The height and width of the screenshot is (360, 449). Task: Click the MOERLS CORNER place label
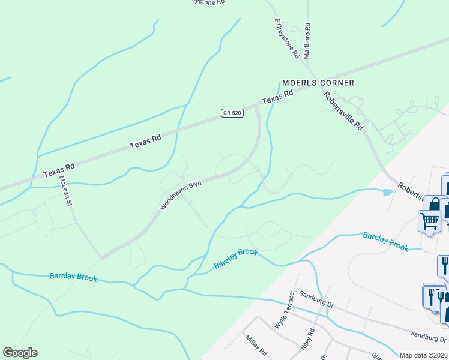(x=318, y=83)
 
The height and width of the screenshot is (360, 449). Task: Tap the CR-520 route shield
(x=232, y=113)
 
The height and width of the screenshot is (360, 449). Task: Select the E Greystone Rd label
(x=287, y=37)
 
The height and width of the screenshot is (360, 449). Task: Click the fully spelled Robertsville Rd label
(x=343, y=111)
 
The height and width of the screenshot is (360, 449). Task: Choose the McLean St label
(x=66, y=191)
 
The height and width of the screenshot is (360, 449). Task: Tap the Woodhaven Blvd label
(x=180, y=196)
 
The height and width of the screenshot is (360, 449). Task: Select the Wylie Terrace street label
(x=283, y=310)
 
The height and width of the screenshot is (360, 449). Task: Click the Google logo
(x=20, y=353)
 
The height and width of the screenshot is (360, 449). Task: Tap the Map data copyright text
(x=424, y=355)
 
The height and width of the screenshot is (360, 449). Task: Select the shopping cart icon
(x=429, y=220)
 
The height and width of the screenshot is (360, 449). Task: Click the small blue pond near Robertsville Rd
(x=387, y=193)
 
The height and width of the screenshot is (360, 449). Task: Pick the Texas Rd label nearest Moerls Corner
(x=277, y=96)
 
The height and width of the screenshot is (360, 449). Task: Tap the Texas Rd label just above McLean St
(x=58, y=169)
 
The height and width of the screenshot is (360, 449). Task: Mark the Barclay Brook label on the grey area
(x=385, y=241)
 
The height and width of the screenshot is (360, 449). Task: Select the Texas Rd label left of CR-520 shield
(x=146, y=142)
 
